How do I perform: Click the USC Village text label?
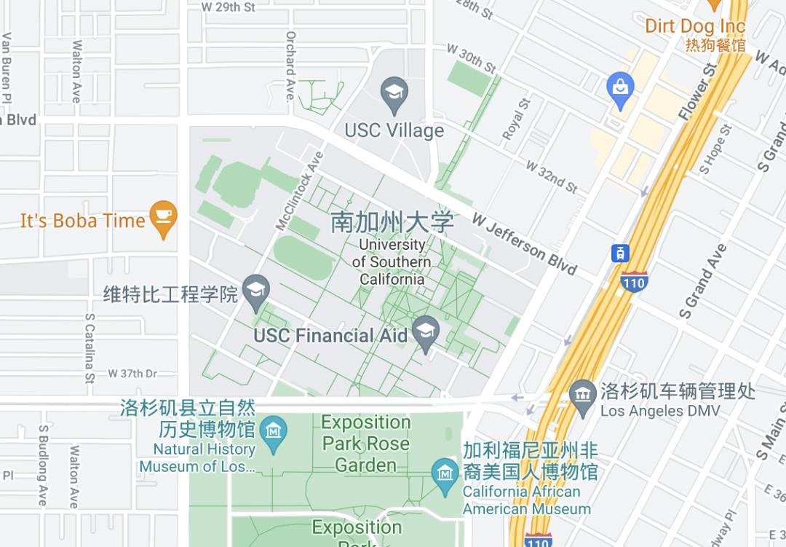394,130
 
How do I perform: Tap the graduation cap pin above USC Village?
394,95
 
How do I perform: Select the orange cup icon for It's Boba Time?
163,218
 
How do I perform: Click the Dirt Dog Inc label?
695,27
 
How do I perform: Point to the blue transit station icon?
619,253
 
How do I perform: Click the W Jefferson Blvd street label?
524,243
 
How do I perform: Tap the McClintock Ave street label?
299,191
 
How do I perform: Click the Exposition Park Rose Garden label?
366,443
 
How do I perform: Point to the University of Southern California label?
392,261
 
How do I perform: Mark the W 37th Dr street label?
132,374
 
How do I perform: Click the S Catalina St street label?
90,348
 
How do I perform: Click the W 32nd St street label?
552,177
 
